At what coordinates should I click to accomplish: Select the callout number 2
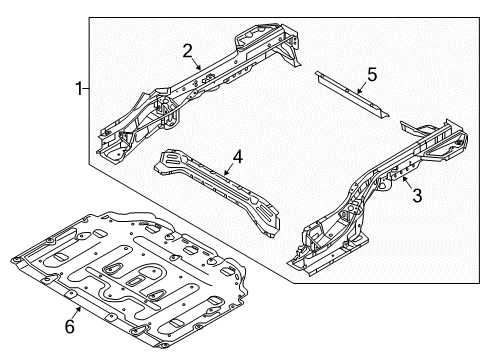coord(187,51)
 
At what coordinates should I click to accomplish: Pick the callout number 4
coord(237,156)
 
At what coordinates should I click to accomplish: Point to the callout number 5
coord(371,73)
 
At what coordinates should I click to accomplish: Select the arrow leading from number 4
coord(229,170)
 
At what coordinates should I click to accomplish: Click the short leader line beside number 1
coord(88,90)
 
